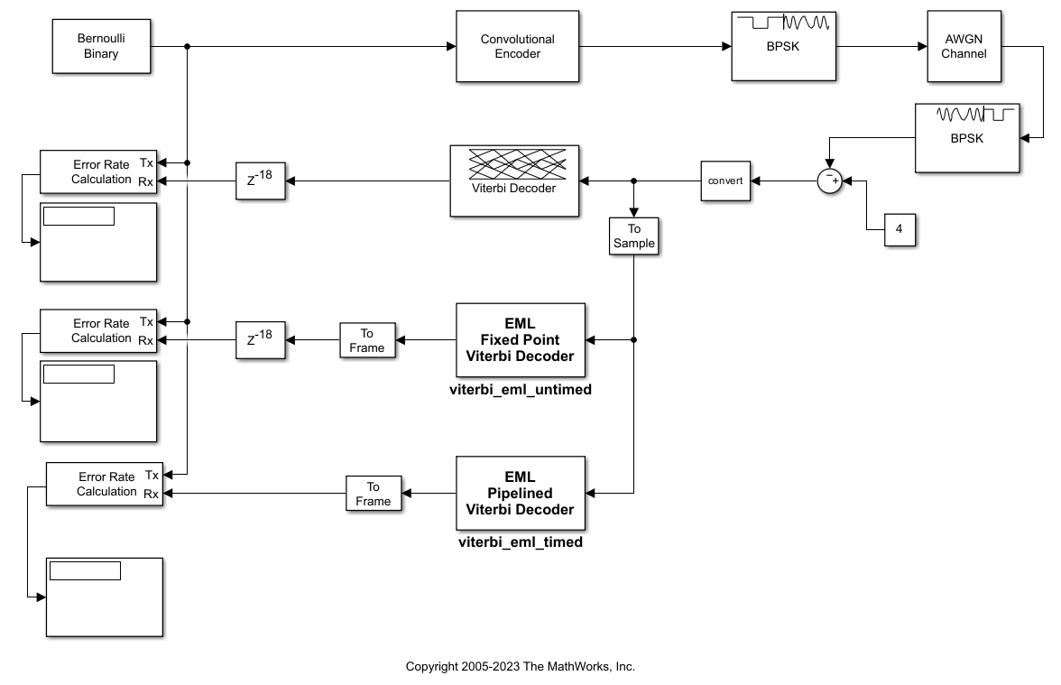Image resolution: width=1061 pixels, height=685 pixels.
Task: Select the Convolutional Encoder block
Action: (x=517, y=47)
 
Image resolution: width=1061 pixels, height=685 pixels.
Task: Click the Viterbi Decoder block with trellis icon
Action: (x=514, y=181)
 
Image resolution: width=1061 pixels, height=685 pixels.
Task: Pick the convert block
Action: (x=725, y=181)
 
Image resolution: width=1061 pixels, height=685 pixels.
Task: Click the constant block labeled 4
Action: (x=899, y=229)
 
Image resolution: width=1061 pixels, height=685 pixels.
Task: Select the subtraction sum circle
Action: (x=829, y=181)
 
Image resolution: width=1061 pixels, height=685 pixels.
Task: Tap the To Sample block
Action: (x=633, y=236)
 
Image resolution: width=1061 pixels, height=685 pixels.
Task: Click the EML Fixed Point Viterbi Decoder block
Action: (x=520, y=340)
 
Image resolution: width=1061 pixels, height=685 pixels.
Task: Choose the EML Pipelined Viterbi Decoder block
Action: (x=520, y=494)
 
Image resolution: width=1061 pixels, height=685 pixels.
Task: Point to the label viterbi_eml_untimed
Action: (x=520, y=390)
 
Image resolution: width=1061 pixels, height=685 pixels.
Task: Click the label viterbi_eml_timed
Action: (x=520, y=542)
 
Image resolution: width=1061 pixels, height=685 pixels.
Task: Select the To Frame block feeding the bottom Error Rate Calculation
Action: (x=374, y=494)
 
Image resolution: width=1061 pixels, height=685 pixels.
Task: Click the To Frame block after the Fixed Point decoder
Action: (x=367, y=340)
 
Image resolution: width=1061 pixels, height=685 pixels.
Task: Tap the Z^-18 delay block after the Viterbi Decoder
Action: (x=260, y=181)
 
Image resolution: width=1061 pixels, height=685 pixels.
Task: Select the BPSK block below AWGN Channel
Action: (x=966, y=138)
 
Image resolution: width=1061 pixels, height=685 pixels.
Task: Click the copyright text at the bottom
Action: (x=520, y=667)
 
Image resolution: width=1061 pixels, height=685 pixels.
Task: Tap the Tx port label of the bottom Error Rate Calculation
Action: (x=152, y=475)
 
